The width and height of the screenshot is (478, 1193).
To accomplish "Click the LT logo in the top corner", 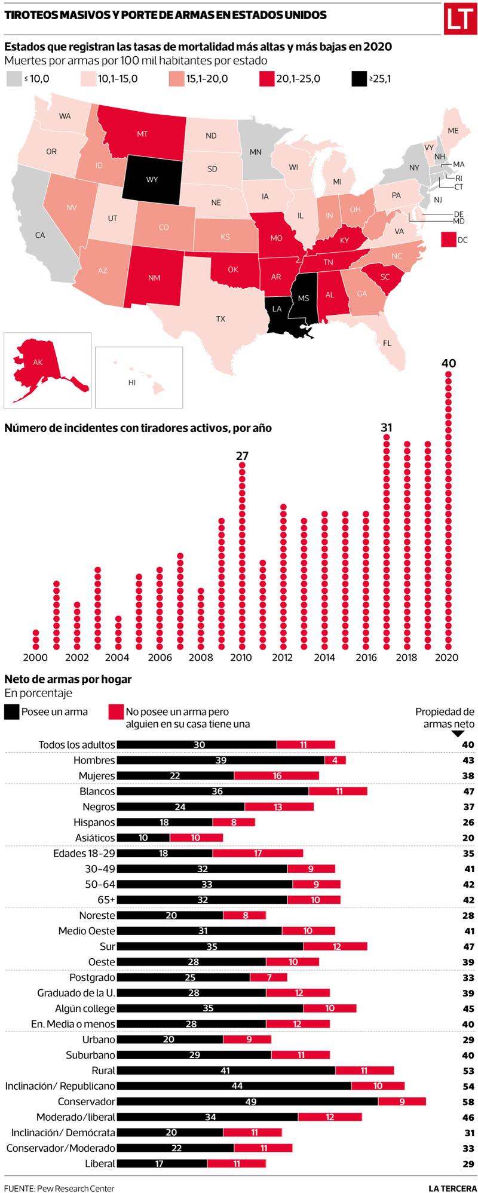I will [x=458, y=20].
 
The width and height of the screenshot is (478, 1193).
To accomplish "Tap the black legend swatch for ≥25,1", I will [x=358, y=79].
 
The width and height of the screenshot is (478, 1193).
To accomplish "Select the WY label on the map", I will [x=152, y=179].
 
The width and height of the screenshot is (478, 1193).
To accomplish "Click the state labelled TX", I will [x=220, y=319].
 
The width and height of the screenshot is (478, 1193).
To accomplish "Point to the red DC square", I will [x=449, y=240].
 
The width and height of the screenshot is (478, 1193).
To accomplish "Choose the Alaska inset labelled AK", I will [x=39, y=362].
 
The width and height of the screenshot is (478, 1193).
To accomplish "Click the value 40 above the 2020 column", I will [x=448, y=363].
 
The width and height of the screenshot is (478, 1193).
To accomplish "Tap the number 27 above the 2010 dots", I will [x=241, y=456].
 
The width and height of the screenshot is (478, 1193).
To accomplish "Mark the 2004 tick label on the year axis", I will [x=117, y=658].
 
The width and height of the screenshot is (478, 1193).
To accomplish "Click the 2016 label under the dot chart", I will [x=366, y=658].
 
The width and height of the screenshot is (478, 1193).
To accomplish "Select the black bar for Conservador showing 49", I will [x=247, y=1102].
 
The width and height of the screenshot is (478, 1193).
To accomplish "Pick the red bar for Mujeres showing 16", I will [x=277, y=775].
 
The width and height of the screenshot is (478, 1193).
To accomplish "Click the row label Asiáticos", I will [x=95, y=838].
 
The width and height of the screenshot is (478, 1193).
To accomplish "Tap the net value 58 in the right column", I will [x=468, y=1102].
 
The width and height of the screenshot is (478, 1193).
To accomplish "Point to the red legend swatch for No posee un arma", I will [x=116, y=712].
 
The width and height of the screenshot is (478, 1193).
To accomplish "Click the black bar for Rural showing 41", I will [x=226, y=1071].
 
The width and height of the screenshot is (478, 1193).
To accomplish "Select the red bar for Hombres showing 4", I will [x=335, y=760].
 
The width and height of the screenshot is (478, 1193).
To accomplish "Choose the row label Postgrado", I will [x=92, y=977].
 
